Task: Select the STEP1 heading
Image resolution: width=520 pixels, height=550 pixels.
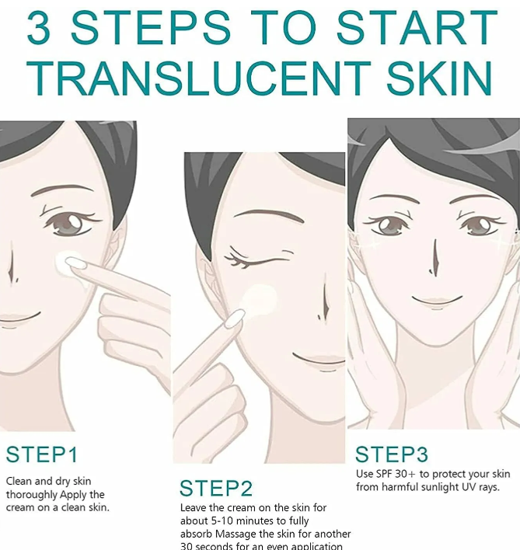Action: click(x=42, y=454)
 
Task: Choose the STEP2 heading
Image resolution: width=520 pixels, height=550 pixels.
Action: click(x=216, y=489)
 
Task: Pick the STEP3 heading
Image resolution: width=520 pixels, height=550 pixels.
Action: click(x=393, y=454)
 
